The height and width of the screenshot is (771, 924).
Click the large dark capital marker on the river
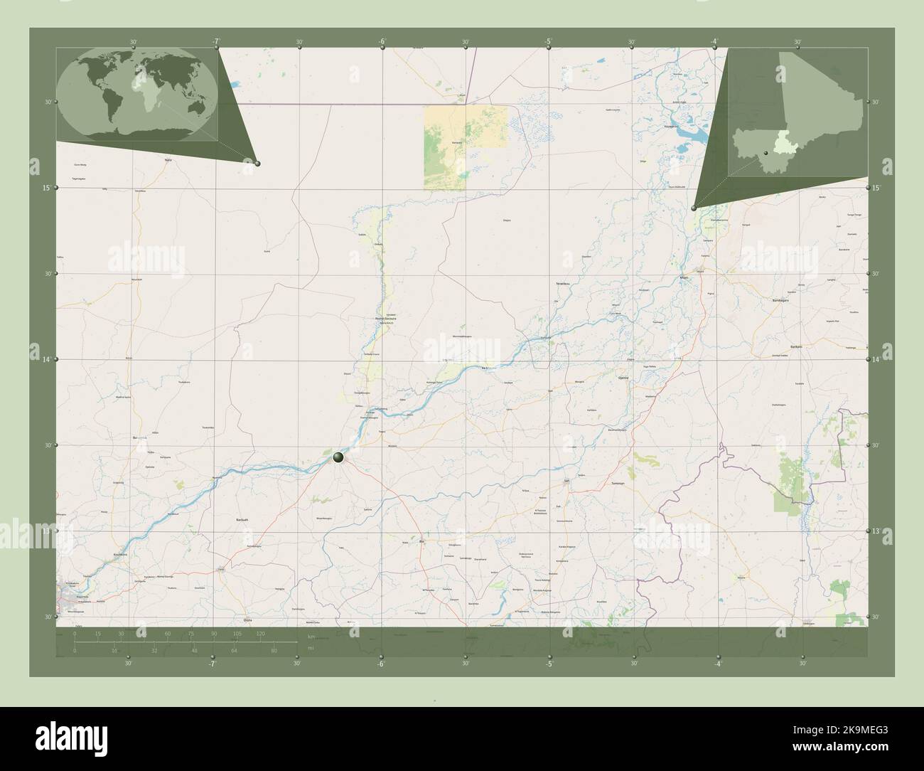tap(339, 457)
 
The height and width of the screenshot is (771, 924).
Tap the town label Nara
tap(168, 160)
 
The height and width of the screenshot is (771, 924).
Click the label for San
tap(566, 482)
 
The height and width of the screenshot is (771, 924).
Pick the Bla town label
tap(421, 541)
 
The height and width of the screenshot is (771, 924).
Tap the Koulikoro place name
tap(119, 554)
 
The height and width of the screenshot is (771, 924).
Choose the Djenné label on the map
tap(624, 378)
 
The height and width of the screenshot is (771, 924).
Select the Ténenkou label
tap(563, 284)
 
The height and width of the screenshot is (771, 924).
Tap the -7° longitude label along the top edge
tap(215, 42)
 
